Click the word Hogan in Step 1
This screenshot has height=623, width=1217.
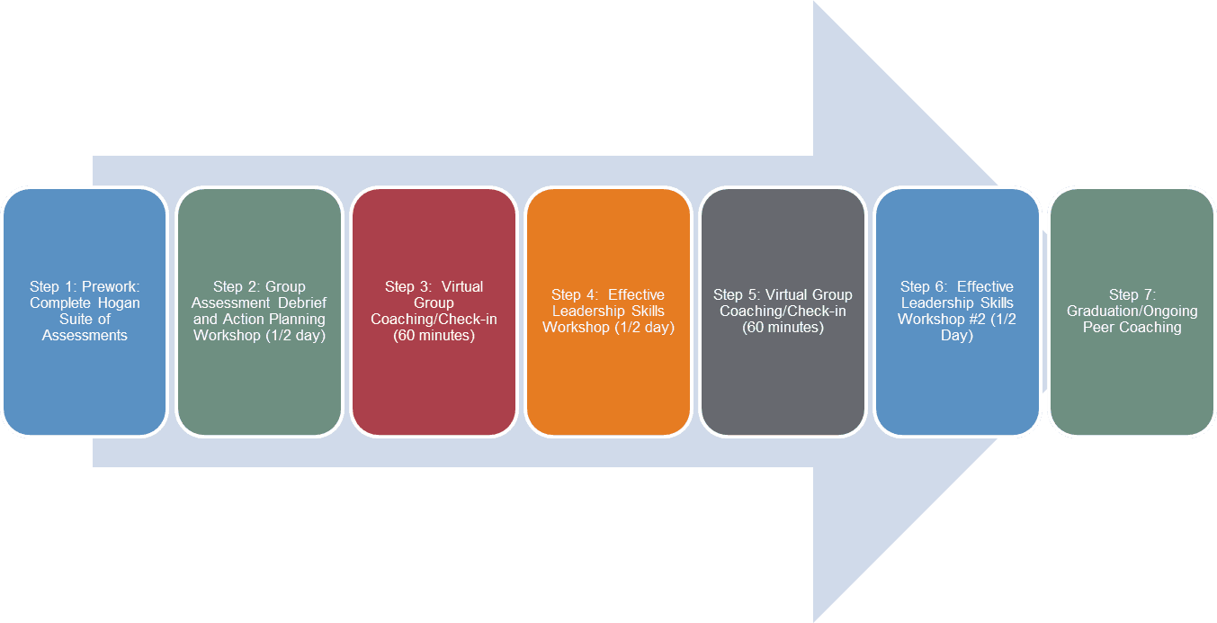tap(119, 303)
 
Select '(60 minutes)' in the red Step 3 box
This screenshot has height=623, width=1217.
tap(434, 336)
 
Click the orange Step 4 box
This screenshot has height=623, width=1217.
tap(608, 378)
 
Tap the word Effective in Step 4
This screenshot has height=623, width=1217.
tap(636, 295)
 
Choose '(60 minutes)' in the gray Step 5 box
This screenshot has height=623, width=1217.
tap(783, 328)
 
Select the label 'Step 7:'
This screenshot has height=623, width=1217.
tap(1132, 295)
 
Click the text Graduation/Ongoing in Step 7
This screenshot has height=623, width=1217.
tap(1132, 311)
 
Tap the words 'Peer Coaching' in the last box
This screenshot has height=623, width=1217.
tap(1132, 328)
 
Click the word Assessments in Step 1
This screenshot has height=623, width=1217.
tap(85, 336)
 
